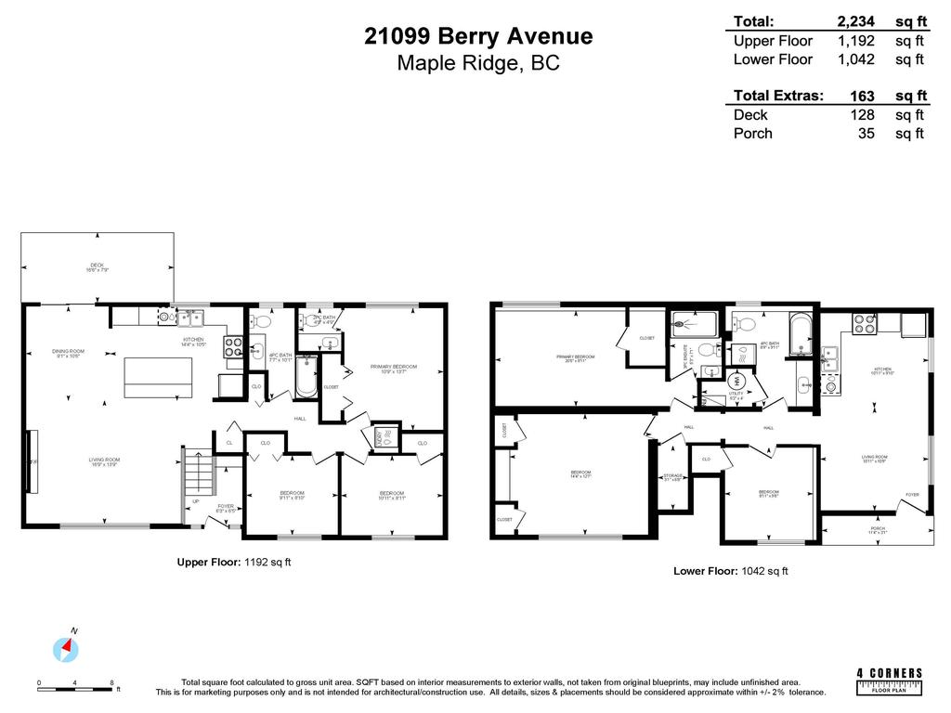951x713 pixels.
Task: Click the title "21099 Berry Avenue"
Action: coord(478,36)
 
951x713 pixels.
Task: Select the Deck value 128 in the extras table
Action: coord(864,114)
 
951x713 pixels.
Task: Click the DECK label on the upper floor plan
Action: coord(97,266)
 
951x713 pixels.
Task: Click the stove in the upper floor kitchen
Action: coord(233,347)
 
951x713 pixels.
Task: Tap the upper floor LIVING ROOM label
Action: coord(104,461)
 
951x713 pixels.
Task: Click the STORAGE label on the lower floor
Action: coord(672,478)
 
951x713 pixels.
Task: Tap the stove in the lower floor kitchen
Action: coord(865,323)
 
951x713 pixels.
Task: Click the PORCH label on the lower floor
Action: coord(877,530)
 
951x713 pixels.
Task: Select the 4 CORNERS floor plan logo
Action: coord(889,679)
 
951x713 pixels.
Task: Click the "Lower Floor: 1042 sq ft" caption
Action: coord(730,571)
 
